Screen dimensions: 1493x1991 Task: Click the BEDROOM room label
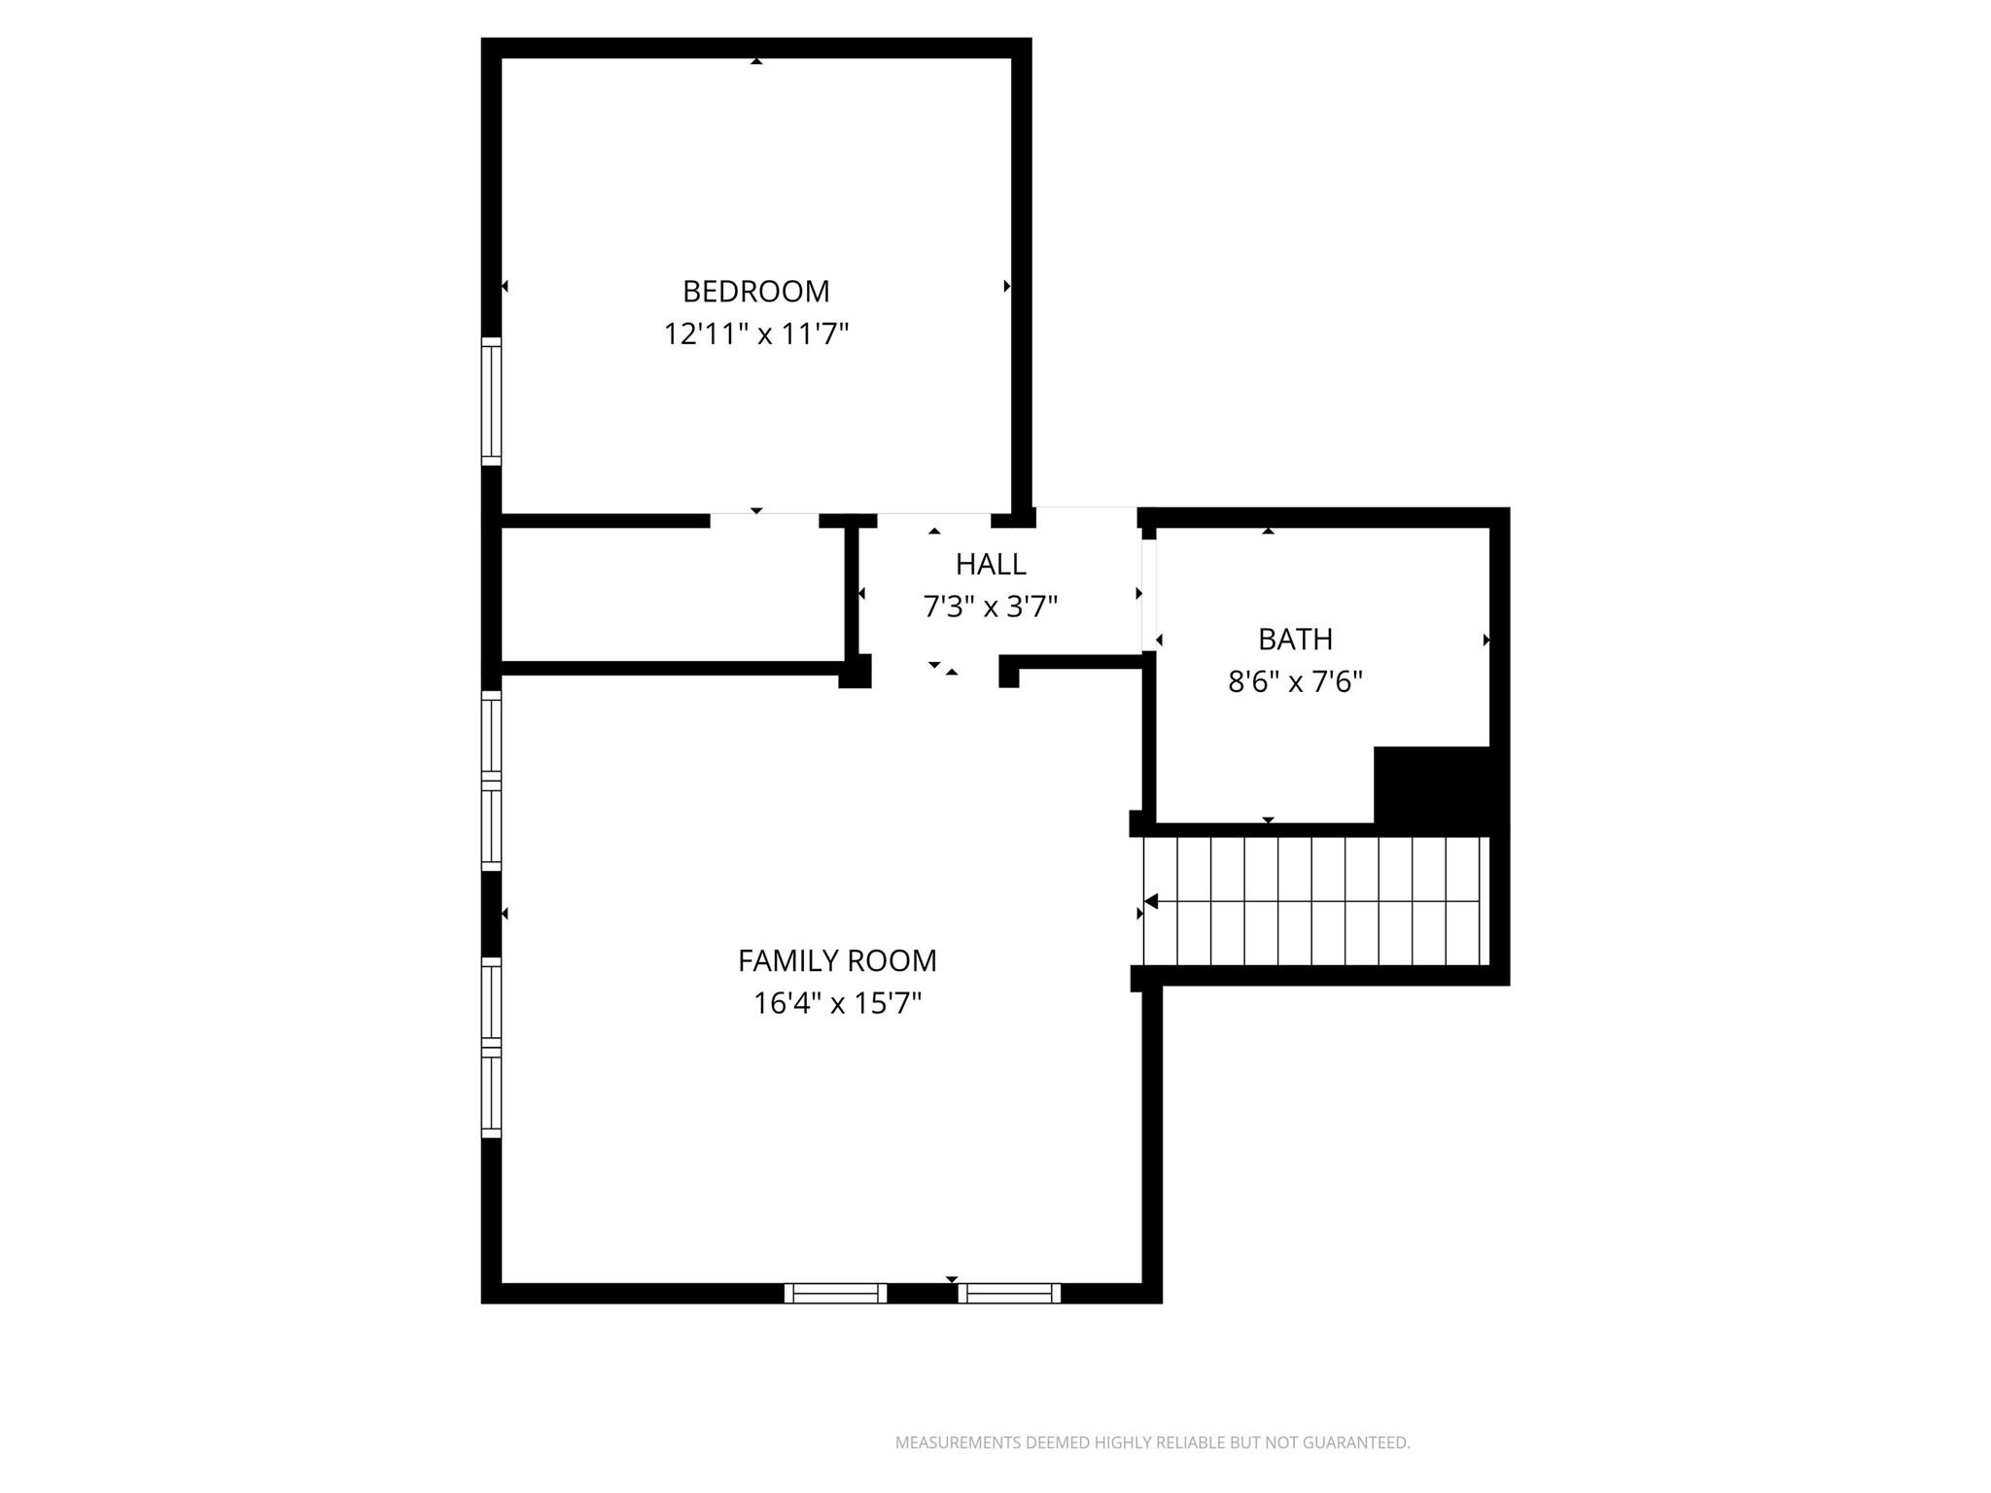click(x=755, y=292)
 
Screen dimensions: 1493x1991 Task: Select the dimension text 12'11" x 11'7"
click(x=755, y=334)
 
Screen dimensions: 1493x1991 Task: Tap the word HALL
click(x=990, y=565)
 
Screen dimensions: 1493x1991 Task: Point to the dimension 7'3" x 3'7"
click(x=990, y=608)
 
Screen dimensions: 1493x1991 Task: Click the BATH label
click(x=1295, y=640)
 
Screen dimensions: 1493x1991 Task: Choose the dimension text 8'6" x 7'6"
click(x=1295, y=682)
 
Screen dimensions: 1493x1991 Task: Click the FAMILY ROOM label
click(x=837, y=961)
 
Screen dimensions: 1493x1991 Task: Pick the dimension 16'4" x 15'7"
click(x=837, y=1003)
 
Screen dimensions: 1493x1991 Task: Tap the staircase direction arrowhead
click(x=1151, y=902)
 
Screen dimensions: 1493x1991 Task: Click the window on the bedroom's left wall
click(x=492, y=401)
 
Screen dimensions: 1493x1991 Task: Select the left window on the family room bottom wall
click(x=835, y=1293)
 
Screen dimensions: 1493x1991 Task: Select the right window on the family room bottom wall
click(x=1009, y=1293)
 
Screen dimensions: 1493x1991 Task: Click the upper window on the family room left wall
click(x=492, y=781)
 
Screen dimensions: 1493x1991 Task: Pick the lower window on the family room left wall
click(x=492, y=1047)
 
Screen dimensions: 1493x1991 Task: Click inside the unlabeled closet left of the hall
click(x=671, y=595)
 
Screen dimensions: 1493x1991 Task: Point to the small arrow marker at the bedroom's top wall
click(x=756, y=61)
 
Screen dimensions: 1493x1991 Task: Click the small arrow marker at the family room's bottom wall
click(x=952, y=1278)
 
